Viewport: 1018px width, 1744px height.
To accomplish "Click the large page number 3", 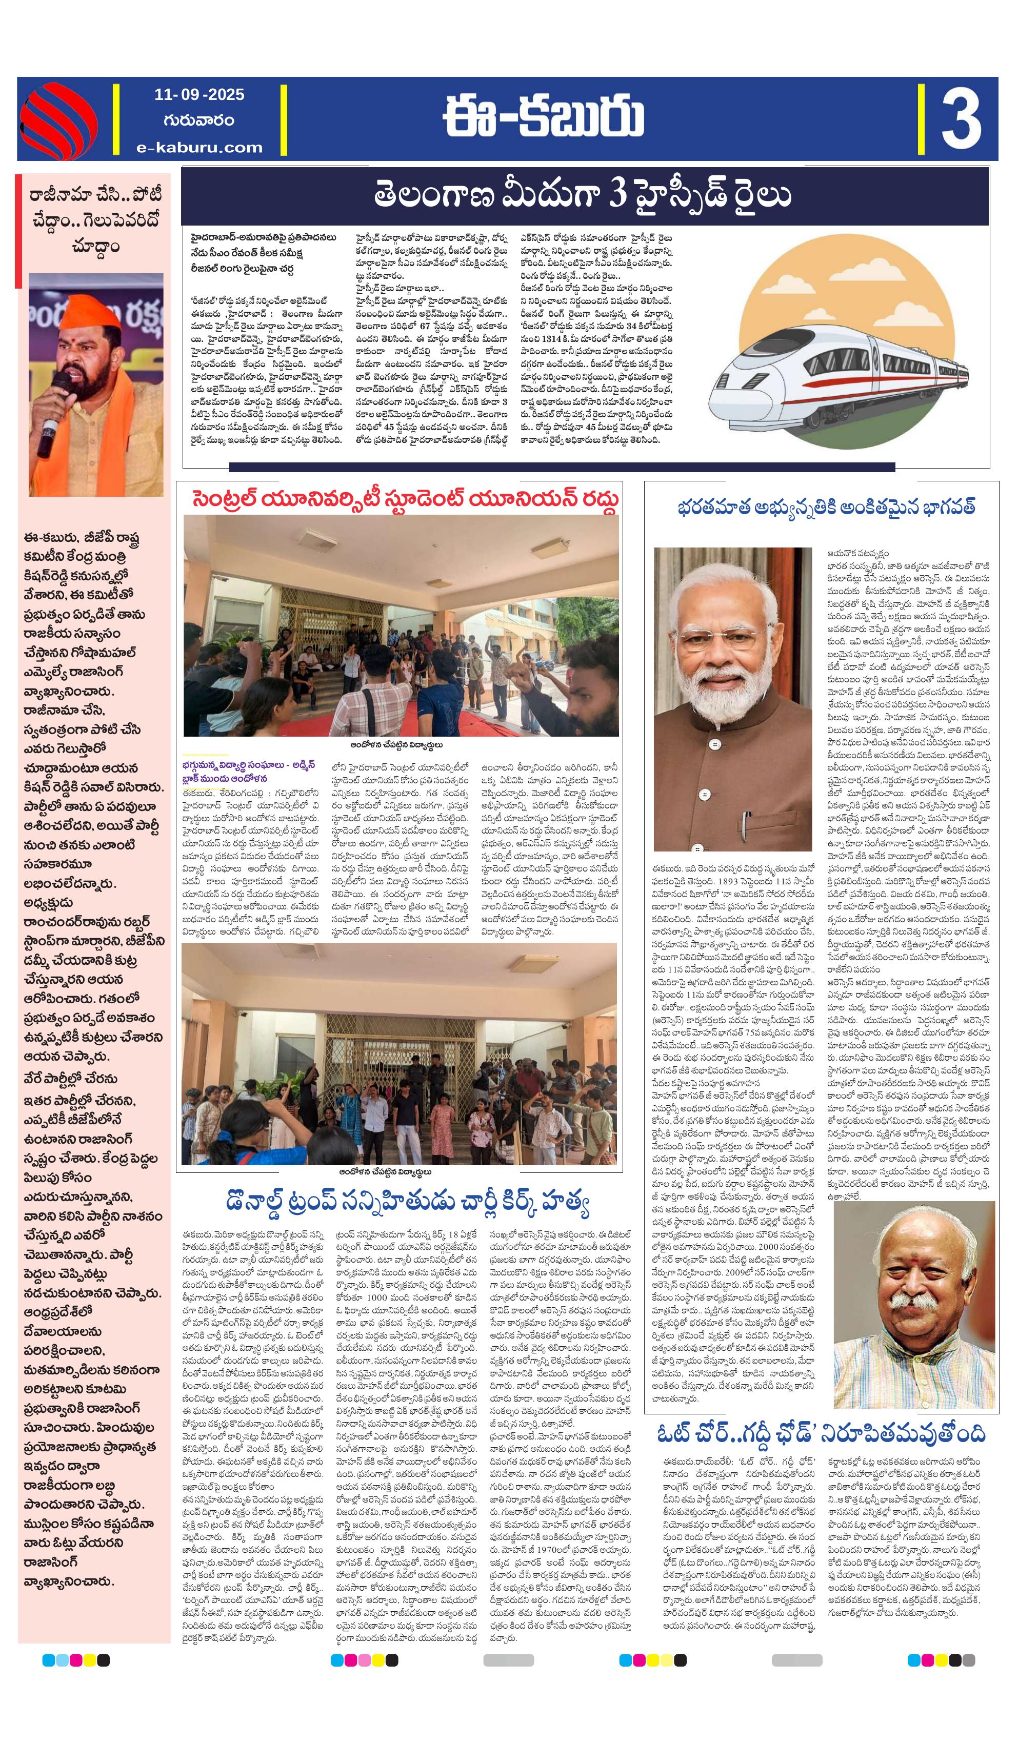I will coord(961,118).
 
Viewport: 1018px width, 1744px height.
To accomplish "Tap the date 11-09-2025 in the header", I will coord(199,95).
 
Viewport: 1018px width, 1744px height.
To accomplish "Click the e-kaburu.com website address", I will coord(199,147).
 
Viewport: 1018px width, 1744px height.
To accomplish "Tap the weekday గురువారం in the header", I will coord(199,120).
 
